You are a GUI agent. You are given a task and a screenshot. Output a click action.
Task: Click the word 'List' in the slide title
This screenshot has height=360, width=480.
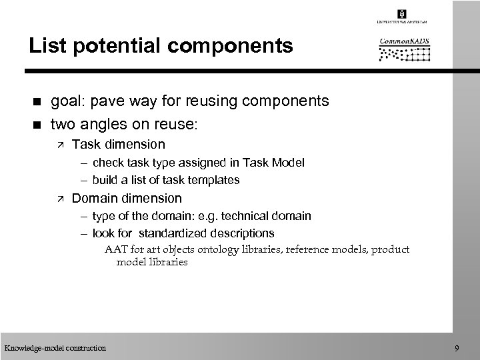[43, 46]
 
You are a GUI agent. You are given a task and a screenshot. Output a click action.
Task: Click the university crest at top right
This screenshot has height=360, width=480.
[401, 14]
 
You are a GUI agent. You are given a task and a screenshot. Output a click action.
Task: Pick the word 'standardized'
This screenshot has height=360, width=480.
[177, 233]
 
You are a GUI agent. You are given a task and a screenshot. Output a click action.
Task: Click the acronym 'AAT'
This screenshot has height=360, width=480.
[115, 249]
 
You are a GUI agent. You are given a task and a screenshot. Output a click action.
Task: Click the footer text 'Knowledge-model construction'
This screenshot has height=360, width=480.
[55, 347]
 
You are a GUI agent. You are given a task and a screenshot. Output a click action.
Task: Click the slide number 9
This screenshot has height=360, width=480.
[456, 347]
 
